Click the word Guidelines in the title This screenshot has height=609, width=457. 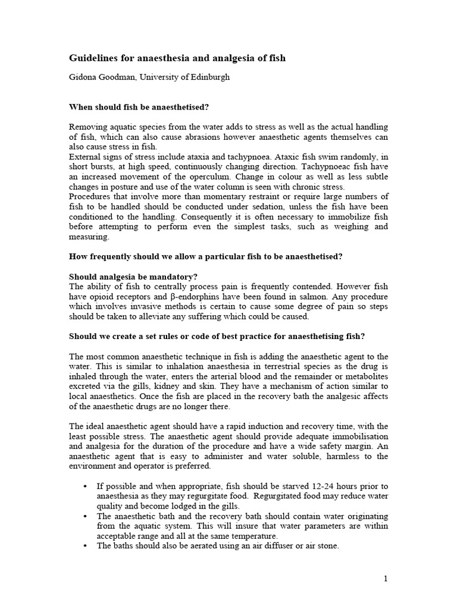pos(95,58)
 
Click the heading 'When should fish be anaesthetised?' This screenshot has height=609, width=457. pos(139,107)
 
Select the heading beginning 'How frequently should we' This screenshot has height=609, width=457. pos(206,256)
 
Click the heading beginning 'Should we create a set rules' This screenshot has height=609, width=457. pos(217,336)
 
